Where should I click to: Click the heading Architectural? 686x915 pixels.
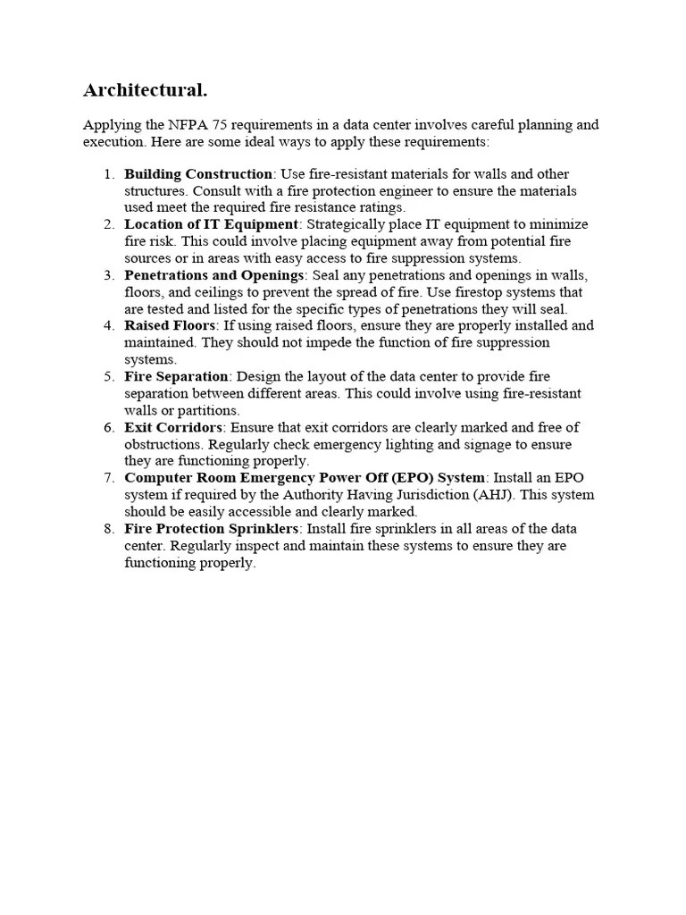[145, 90]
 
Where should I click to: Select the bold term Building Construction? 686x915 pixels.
[198, 174]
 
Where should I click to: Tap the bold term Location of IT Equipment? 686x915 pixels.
[211, 224]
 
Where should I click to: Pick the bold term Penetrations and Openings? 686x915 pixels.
[214, 275]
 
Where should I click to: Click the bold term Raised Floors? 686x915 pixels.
[170, 326]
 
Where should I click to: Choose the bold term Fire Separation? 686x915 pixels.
[177, 376]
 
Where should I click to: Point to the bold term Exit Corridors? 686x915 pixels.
[173, 427]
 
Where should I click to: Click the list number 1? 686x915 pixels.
[109, 174]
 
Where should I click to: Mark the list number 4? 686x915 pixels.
[109, 326]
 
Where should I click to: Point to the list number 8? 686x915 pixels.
[109, 529]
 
